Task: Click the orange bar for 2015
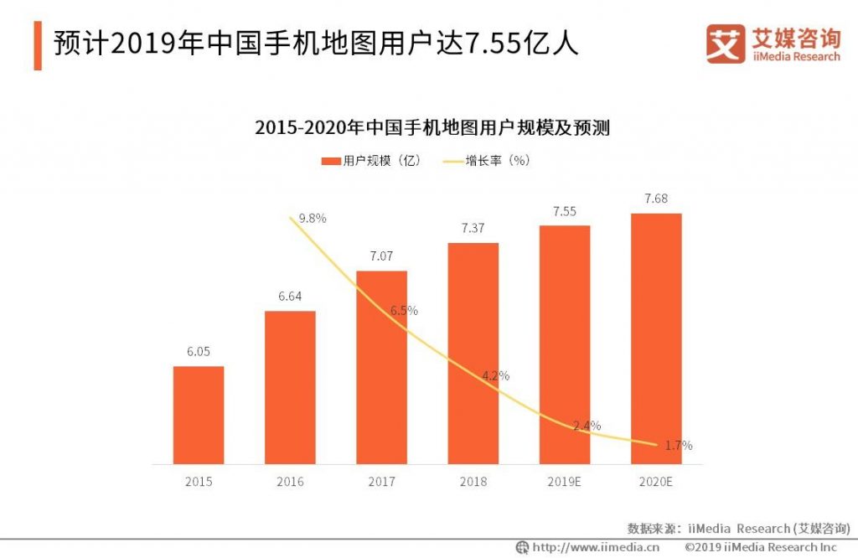coord(199,415)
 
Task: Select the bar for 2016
coord(290,387)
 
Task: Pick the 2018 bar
coord(473,353)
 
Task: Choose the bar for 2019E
coord(565,344)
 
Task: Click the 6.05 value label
coord(199,352)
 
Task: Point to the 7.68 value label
coord(656,199)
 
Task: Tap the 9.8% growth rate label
coord(312,218)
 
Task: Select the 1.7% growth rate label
coord(678,446)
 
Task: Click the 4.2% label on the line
coord(495,375)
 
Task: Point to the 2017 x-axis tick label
coord(381,482)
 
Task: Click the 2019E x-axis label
coord(565,482)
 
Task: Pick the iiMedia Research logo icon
coord(724,43)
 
